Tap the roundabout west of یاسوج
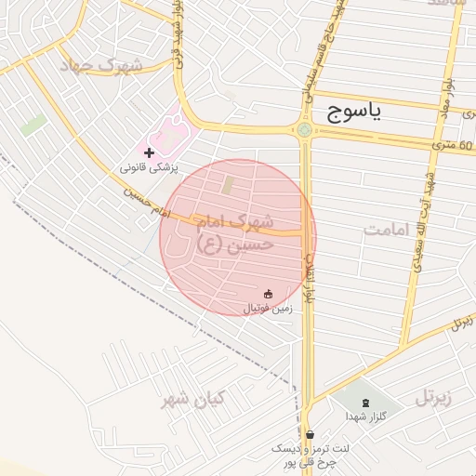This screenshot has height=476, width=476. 305,129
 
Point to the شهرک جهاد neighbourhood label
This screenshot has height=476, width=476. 100,66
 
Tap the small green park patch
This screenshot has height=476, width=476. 34,125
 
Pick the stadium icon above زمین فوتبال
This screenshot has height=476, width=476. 269,294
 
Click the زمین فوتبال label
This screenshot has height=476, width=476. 268,308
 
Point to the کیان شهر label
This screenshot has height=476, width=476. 193,400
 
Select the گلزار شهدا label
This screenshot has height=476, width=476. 364,416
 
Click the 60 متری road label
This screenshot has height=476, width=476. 453,144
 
